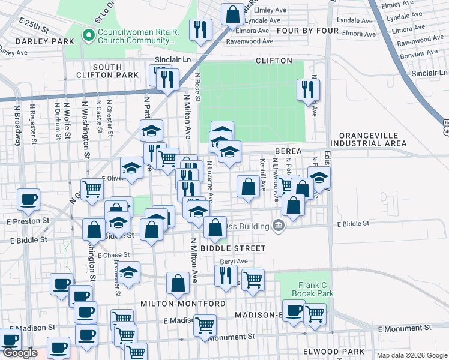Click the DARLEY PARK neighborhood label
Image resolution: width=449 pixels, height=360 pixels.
[x=37, y=41]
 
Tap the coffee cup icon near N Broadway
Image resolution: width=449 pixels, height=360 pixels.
[x=28, y=200]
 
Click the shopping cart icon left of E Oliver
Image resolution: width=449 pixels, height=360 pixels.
[x=92, y=189]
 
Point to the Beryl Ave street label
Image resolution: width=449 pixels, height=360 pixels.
[x=234, y=262]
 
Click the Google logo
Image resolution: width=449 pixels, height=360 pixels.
[x=20, y=353]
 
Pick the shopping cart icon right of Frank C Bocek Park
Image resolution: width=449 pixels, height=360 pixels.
[x=315, y=314]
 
